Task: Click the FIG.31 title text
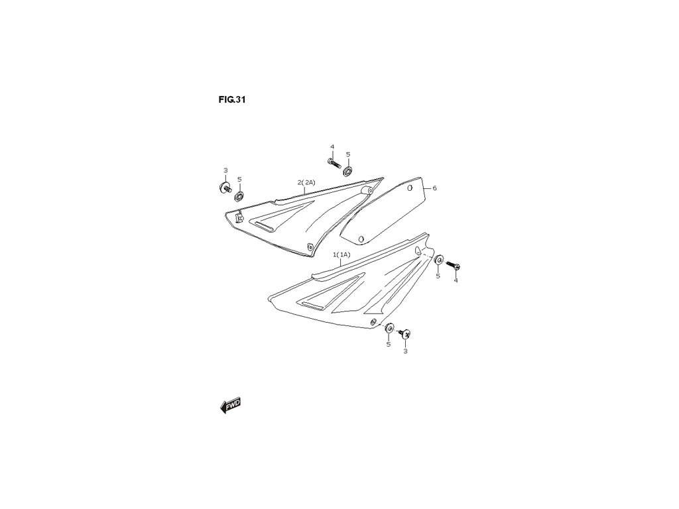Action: tap(231, 100)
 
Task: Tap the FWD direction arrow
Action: tap(230, 405)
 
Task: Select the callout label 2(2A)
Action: tap(306, 182)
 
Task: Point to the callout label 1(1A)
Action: tap(342, 254)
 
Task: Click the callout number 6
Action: tap(434, 188)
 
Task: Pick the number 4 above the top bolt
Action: tap(332, 146)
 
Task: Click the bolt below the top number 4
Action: tap(333, 161)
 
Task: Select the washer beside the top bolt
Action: tap(347, 172)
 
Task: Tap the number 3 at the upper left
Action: tap(225, 170)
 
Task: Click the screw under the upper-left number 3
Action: tap(224, 187)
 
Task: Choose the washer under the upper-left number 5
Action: tap(239, 195)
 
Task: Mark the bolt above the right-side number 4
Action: tap(454, 266)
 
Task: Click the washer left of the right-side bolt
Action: tap(438, 260)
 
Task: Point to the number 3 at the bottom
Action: tap(405, 351)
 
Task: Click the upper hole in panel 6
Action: tap(411, 188)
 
